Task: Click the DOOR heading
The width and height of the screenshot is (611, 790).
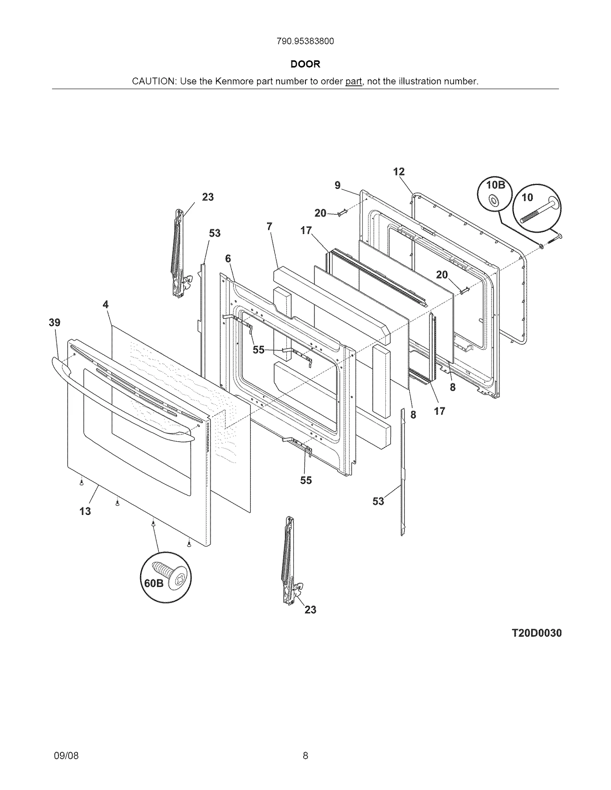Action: click(305, 64)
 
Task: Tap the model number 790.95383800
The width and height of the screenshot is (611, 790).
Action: click(305, 41)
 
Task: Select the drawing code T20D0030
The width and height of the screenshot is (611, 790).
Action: click(537, 633)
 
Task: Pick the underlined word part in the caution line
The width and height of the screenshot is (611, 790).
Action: click(354, 81)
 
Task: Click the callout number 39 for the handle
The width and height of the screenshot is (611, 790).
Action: click(55, 323)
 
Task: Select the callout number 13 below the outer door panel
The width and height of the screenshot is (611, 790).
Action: click(85, 511)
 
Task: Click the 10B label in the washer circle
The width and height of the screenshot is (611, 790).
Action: click(496, 185)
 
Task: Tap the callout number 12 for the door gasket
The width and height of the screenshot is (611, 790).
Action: click(399, 172)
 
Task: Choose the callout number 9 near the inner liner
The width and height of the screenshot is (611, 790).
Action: click(338, 185)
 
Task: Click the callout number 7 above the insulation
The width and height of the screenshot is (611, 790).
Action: click(270, 227)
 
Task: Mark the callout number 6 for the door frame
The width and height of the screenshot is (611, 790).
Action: click(228, 259)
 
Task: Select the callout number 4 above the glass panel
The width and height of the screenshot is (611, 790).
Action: click(105, 304)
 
